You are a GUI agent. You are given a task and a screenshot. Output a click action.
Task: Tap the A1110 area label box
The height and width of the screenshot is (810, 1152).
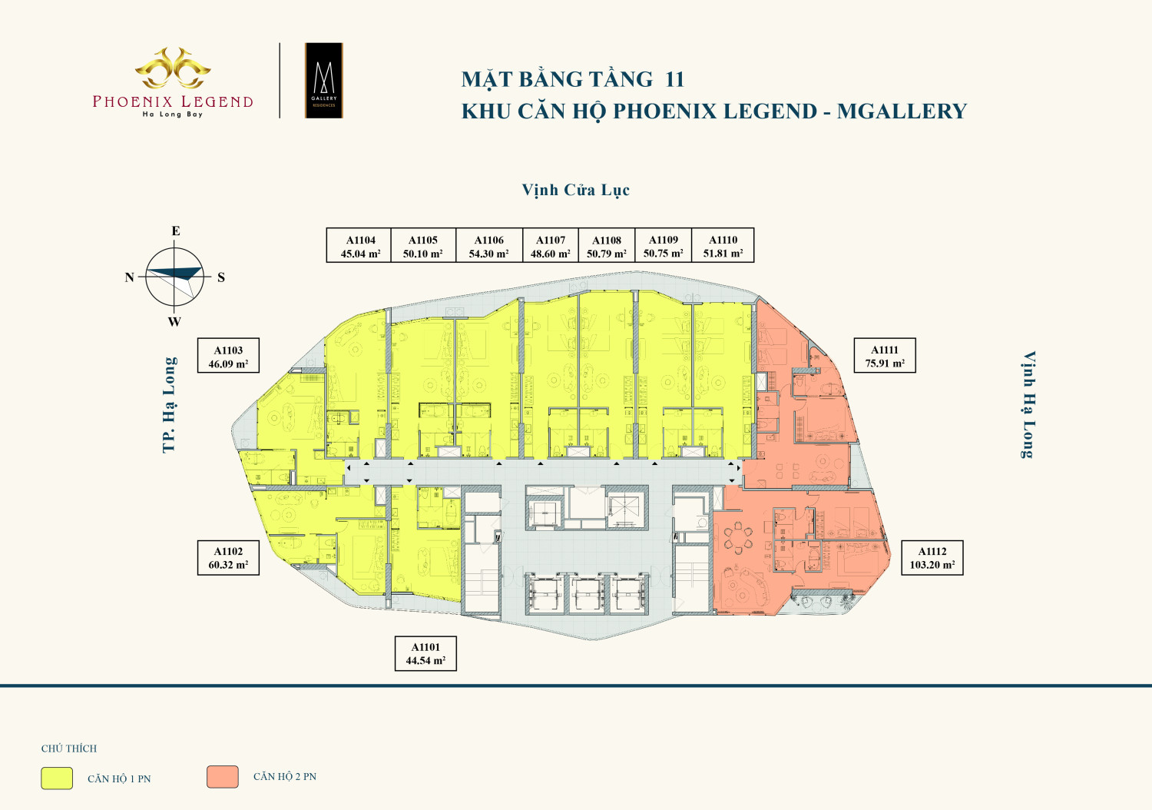pos(723,245)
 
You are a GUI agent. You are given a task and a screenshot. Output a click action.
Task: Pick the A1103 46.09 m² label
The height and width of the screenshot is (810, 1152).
pos(228,356)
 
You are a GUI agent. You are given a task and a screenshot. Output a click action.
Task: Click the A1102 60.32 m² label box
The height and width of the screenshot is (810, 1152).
pos(228,558)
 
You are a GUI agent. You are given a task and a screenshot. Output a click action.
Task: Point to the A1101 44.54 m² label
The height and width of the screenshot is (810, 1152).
pos(425,653)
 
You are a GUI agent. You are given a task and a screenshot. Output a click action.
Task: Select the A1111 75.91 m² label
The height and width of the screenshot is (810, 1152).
pos(885,356)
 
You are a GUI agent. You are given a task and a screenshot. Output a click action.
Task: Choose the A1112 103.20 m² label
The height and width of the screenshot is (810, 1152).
pos(932,558)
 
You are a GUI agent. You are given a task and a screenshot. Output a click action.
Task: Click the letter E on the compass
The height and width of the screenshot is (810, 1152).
pos(175,231)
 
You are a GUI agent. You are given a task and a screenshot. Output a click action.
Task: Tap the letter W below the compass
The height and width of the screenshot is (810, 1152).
pos(174,322)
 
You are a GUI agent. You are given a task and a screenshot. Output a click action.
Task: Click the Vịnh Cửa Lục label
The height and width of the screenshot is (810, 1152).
pos(575,190)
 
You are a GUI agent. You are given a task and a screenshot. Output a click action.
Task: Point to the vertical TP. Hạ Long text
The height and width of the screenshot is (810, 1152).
pos(170,405)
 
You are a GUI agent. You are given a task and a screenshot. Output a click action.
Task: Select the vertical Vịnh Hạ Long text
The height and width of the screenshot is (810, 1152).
pos(1028,404)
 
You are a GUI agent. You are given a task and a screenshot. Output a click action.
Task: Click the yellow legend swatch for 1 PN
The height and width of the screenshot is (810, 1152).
pos(57,778)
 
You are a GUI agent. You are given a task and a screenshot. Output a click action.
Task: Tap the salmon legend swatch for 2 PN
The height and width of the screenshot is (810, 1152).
pos(223,777)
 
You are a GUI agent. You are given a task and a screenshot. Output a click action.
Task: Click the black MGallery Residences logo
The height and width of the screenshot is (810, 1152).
pos(324,80)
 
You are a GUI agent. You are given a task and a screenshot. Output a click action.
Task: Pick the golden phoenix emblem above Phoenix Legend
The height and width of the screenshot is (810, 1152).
pos(173,68)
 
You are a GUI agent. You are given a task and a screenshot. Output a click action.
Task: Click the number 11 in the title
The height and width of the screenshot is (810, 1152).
pos(674,80)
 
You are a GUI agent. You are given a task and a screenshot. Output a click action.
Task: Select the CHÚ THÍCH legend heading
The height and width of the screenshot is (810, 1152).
pos(69,749)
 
